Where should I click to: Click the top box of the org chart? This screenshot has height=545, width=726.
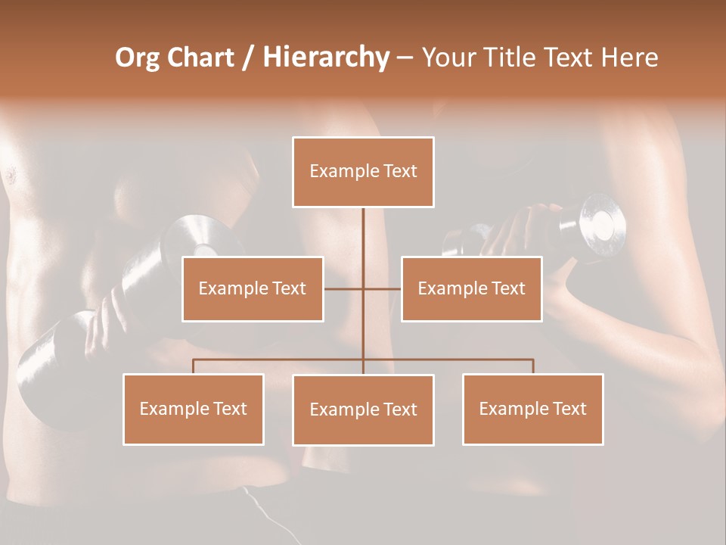click(x=363, y=172)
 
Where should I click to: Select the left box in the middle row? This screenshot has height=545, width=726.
click(x=253, y=288)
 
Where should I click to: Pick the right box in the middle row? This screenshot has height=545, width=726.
click(x=471, y=288)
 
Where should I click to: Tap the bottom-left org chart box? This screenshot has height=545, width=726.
click(x=194, y=409)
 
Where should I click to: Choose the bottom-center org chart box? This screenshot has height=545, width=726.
click(x=363, y=410)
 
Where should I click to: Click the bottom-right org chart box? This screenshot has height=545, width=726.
click(x=532, y=409)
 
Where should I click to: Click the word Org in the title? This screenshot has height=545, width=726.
click(x=136, y=58)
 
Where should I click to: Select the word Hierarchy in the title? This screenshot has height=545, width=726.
click(x=326, y=58)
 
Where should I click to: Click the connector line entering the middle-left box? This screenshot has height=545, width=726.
click(x=343, y=288)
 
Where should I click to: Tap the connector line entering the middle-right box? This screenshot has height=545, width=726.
click(x=383, y=288)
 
